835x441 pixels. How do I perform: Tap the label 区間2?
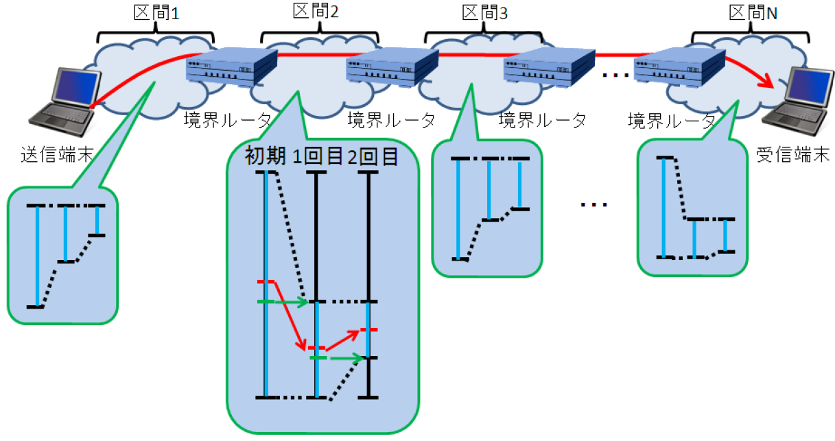pos(318,12)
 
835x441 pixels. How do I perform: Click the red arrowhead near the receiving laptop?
pos(769,84)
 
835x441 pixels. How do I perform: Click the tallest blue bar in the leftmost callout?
pos(37,255)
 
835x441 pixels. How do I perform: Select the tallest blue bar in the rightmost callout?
pos(663,207)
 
